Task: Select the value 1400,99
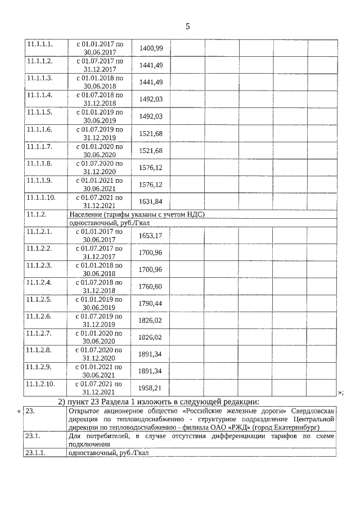click(150, 48)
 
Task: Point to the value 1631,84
click(150, 201)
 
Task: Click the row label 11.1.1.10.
click(41, 197)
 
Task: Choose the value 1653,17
click(150, 235)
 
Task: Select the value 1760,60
click(150, 286)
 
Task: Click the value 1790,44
click(150, 303)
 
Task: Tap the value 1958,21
click(150, 388)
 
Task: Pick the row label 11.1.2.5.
click(39, 299)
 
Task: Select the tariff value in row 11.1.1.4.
click(150, 99)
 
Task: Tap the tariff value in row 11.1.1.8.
click(150, 167)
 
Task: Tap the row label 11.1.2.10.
click(41, 384)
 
